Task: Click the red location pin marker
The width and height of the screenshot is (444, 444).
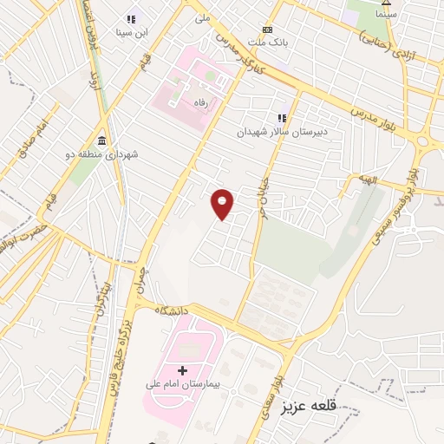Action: click(x=223, y=204)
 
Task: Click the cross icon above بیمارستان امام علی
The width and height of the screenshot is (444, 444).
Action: click(x=182, y=370)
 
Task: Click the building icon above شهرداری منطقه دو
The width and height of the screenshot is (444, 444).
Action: click(x=102, y=140)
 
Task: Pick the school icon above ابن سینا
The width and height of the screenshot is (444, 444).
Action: click(x=132, y=19)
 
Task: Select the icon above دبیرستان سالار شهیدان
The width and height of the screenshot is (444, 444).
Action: click(x=281, y=118)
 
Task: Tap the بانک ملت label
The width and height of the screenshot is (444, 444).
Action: click(x=268, y=42)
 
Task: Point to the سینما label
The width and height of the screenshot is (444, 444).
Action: click(x=387, y=15)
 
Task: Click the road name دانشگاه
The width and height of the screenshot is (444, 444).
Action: click(x=171, y=310)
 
